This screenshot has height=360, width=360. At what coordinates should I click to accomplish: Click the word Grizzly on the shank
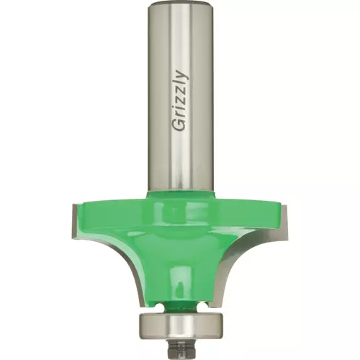coord(181,101)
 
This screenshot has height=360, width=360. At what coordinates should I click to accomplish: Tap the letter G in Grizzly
coord(180,125)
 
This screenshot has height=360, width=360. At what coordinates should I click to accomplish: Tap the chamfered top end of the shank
coord(180,4)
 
